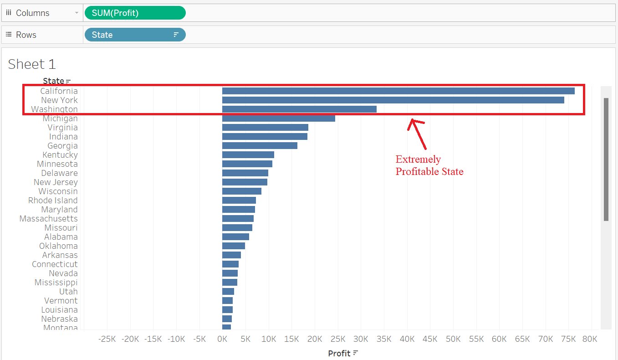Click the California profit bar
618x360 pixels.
(398, 91)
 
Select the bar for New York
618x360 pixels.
(393, 100)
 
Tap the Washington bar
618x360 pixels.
(299, 109)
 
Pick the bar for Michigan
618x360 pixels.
(278, 118)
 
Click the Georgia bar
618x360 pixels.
(260, 146)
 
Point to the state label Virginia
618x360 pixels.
(62, 128)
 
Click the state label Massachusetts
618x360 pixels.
(48, 219)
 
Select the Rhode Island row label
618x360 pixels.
(53, 201)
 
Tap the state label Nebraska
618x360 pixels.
(59, 319)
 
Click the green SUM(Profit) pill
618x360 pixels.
(135, 13)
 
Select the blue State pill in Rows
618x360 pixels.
(135, 35)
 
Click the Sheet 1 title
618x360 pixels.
(32, 64)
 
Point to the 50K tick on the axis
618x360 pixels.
(453, 339)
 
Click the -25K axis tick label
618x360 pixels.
(107, 339)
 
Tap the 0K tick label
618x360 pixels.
(222, 339)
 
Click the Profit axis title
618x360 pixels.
(339, 354)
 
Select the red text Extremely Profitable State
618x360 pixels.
(429, 165)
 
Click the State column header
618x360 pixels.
(53, 81)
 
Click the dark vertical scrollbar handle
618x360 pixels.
(606, 159)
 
